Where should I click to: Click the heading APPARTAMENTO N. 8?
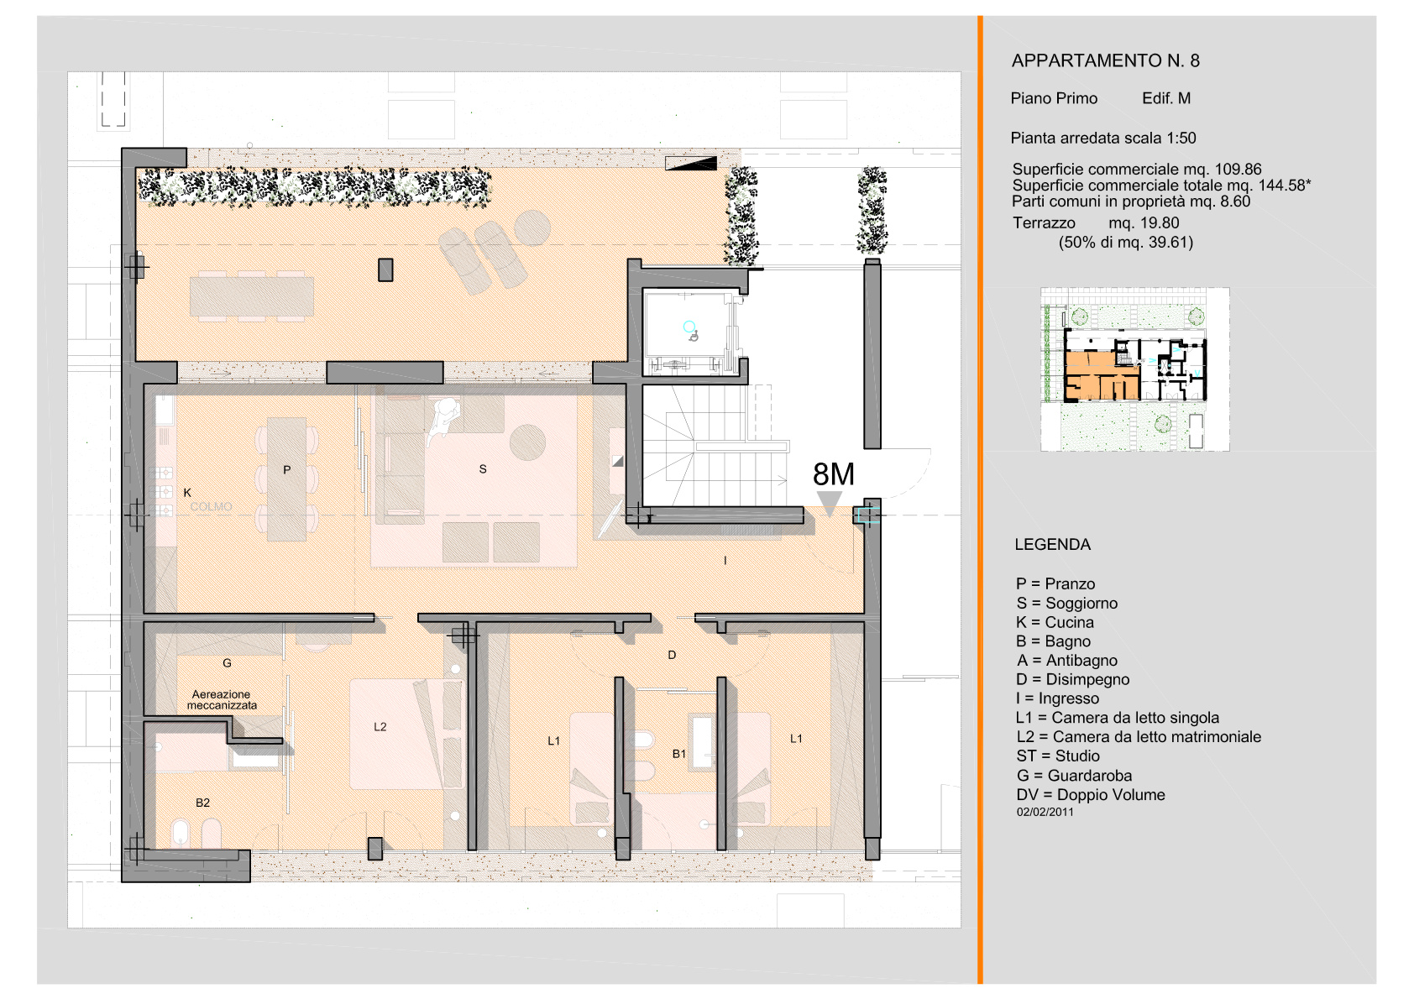(x=1105, y=60)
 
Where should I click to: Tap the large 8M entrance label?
(x=833, y=474)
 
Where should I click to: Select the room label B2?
(x=202, y=803)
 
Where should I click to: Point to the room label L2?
(x=380, y=727)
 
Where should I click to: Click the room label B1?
(x=679, y=754)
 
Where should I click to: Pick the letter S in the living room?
(x=483, y=469)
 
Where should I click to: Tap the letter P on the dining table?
(x=287, y=469)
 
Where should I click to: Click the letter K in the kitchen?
(x=187, y=492)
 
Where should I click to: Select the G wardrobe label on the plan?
(x=228, y=662)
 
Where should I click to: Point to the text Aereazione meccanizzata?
(x=222, y=700)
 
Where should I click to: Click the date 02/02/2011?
(x=1045, y=812)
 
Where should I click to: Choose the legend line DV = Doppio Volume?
(x=1091, y=794)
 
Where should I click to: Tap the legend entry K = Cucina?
(x=1055, y=622)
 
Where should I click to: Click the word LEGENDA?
(x=1052, y=545)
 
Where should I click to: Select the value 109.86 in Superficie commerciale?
(x=1238, y=169)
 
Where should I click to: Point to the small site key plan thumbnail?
(x=1135, y=369)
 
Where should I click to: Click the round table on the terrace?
(x=532, y=228)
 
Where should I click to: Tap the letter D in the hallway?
(x=673, y=655)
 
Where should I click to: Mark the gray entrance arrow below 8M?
(x=829, y=502)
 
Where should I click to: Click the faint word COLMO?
(x=211, y=507)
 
